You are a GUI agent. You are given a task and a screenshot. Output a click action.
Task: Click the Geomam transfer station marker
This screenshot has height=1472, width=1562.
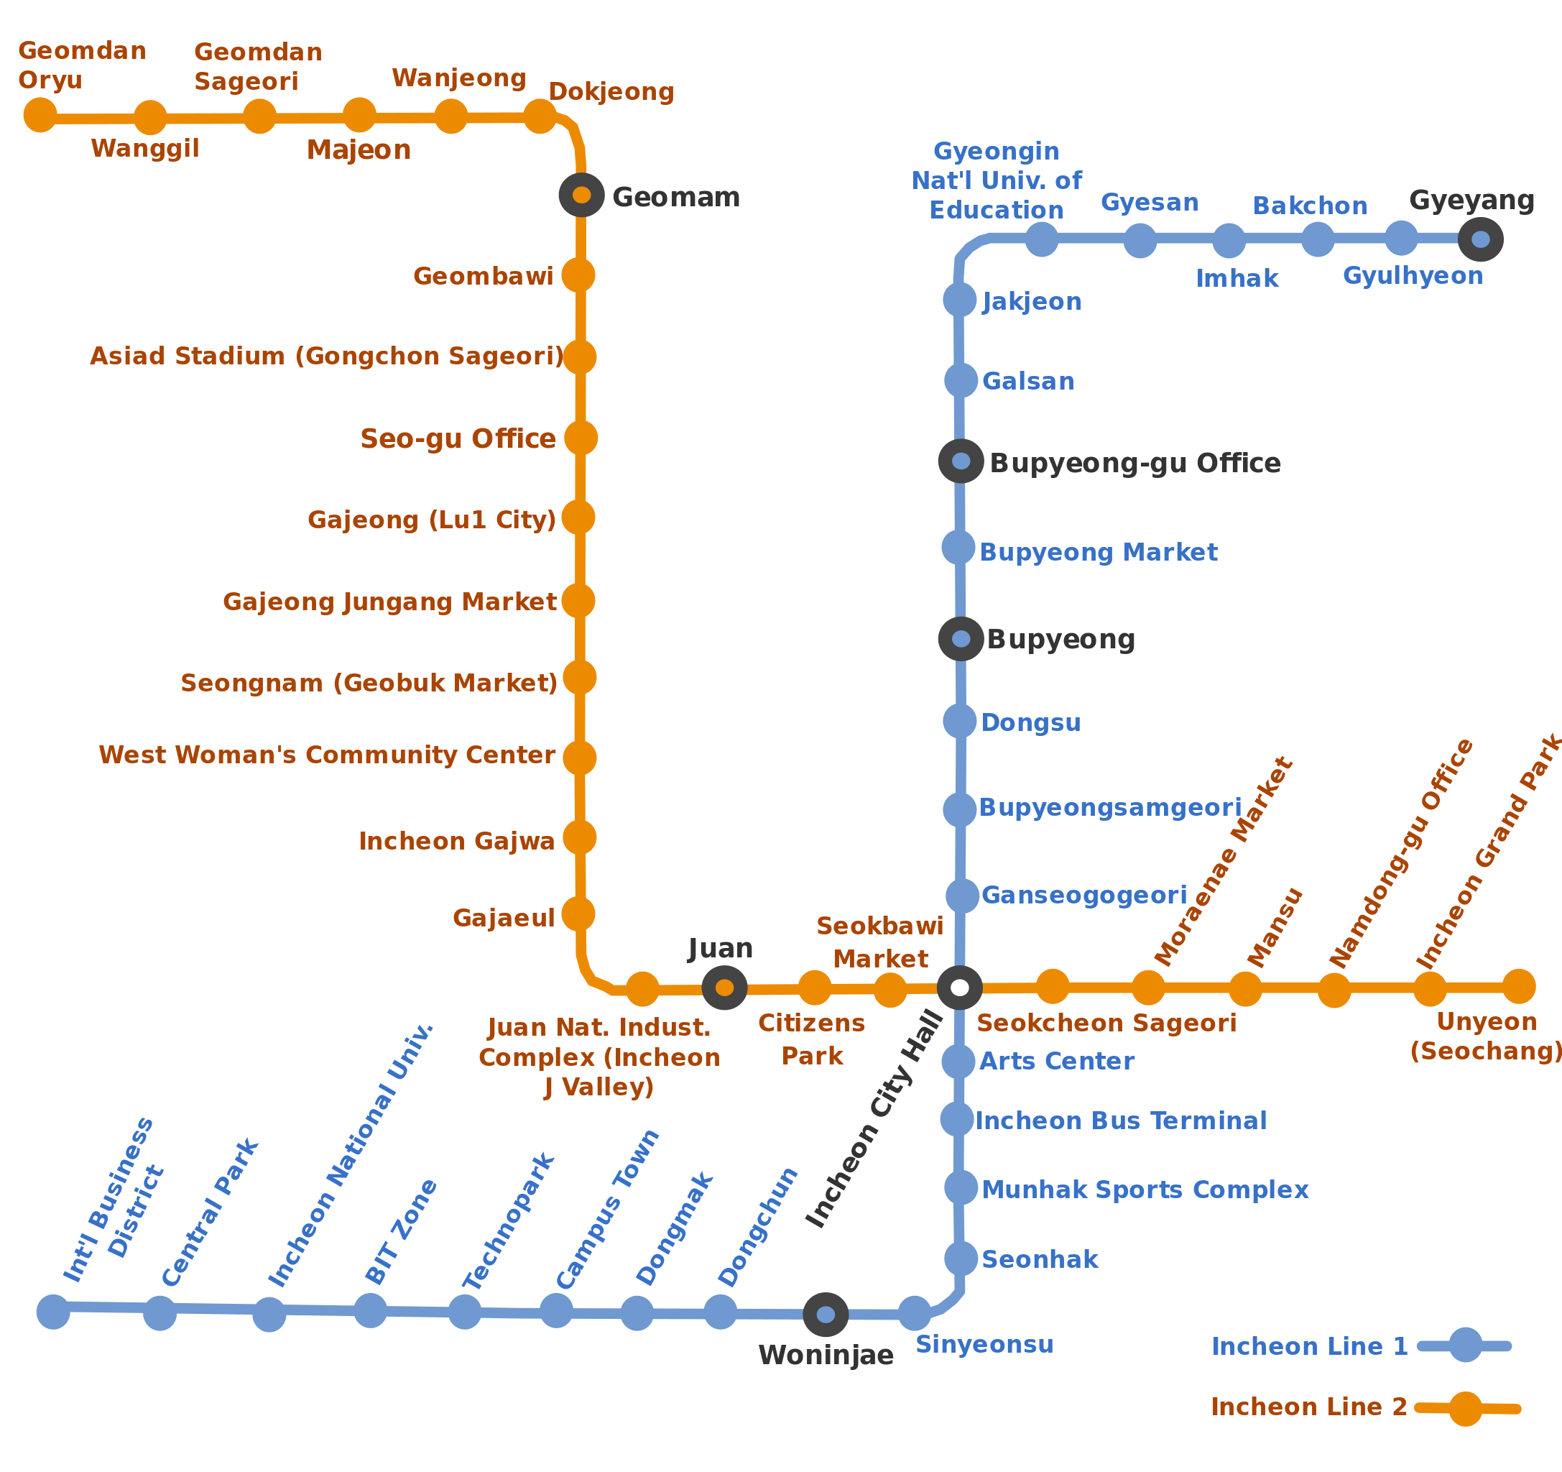point(581,195)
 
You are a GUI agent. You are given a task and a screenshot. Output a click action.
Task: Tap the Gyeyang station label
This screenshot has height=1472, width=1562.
point(1471,201)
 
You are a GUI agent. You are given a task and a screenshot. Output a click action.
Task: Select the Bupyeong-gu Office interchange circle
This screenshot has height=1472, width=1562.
point(960,461)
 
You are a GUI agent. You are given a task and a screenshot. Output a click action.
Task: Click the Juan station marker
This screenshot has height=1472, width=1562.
point(724,988)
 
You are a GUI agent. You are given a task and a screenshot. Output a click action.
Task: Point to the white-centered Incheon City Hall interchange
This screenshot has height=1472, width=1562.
point(959,988)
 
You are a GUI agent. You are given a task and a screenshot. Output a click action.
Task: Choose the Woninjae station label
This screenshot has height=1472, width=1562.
point(826,1355)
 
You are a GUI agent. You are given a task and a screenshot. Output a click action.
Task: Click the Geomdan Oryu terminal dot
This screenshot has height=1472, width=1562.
point(40,115)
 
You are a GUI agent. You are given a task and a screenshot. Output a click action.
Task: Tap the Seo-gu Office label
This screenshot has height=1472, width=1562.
point(458,438)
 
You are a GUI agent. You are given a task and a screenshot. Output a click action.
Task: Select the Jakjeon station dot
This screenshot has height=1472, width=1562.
point(959,300)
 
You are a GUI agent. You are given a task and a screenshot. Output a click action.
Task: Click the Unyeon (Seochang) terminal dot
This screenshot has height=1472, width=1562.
point(1519,986)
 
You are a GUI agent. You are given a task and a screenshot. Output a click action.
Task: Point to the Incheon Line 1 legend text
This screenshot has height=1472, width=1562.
point(1309,1346)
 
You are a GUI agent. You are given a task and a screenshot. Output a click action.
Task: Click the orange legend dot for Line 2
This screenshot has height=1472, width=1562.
point(1465,1408)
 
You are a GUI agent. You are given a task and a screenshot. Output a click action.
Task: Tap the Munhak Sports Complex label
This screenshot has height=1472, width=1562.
point(1145,1190)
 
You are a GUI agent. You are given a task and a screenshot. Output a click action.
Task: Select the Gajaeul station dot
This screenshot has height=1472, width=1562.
point(578,914)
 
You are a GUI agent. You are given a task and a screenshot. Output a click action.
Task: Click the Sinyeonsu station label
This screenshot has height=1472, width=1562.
point(984,1345)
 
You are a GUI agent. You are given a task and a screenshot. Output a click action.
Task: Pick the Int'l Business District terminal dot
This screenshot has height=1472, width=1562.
point(53,1312)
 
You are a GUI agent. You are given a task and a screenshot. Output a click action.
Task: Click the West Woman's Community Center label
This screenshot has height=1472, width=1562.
point(327,755)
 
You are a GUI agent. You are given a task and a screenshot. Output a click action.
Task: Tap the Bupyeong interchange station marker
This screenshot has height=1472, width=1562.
point(960,639)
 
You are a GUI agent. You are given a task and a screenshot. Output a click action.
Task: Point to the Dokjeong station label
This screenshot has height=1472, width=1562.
point(611,92)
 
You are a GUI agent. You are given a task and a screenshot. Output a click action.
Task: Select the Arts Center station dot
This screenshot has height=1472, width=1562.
point(958,1061)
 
